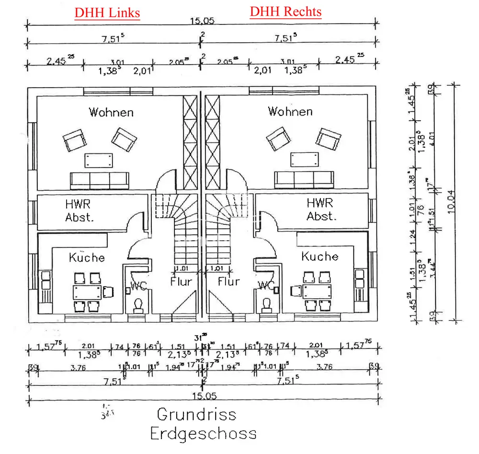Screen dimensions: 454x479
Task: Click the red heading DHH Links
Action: (x=107, y=12)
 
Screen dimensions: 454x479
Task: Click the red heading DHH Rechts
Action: (x=285, y=12)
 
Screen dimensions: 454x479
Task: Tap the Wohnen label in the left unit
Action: (x=111, y=112)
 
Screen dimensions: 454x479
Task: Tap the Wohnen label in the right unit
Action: (x=290, y=112)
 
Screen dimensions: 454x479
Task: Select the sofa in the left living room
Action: (x=100, y=180)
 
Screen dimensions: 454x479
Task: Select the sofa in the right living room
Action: (x=304, y=179)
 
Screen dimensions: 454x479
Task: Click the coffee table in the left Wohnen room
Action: (x=99, y=160)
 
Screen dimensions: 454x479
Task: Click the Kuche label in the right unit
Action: (x=319, y=256)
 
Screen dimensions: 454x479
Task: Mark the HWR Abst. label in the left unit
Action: (x=80, y=210)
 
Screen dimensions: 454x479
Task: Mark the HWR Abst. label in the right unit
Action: (x=321, y=209)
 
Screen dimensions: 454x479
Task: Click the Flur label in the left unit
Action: (x=181, y=281)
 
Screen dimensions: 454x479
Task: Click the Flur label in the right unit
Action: (x=228, y=281)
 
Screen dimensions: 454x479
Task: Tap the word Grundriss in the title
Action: (x=196, y=414)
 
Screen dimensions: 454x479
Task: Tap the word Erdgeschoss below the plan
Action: (x=203, y=434)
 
